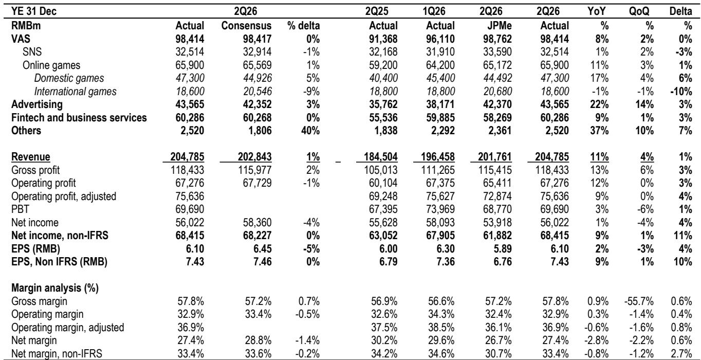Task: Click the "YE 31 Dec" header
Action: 34,11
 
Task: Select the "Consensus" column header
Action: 246,25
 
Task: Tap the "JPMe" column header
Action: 499,25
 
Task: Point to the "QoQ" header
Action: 639,11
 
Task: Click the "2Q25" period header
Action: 377,11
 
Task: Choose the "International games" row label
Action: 75,92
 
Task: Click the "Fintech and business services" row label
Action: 79,118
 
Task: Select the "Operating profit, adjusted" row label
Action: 64,196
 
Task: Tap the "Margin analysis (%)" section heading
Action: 55,287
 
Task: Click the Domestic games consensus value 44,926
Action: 257,78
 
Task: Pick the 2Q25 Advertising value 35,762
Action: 383,104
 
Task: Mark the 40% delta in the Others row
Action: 310,131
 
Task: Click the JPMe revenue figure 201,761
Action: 494,156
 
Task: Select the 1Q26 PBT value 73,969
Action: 440,209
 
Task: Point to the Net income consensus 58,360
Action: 257,223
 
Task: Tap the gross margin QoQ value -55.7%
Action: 639,301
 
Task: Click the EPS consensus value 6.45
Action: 262,249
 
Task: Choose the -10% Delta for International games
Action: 681,92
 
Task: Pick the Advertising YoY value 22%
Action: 599,104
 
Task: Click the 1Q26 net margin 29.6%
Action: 441,340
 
